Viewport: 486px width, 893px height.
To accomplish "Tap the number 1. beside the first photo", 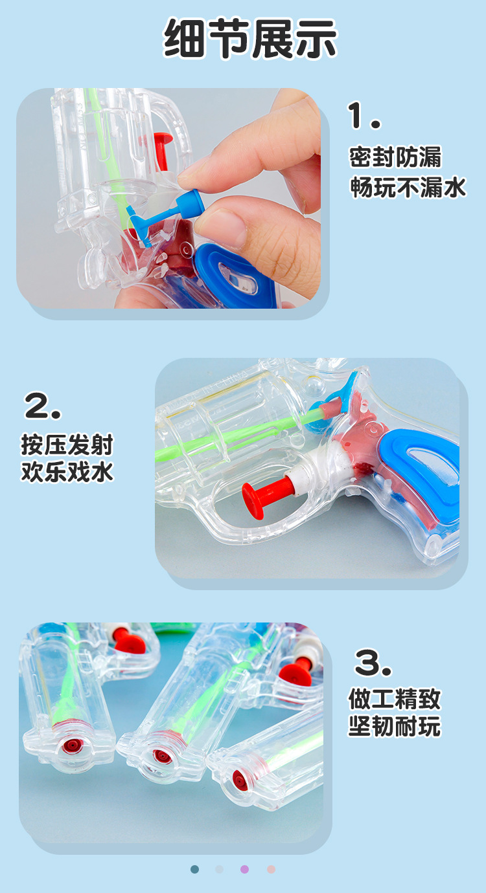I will point(365,116).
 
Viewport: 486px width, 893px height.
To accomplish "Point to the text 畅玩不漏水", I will point(408,187).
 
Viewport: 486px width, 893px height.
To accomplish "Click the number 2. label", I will point(43,406).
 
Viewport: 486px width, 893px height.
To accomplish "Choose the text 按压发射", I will point(67,445).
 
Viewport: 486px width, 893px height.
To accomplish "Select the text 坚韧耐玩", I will point(395,726).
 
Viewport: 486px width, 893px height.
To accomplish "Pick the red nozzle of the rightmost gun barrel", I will point(240,777).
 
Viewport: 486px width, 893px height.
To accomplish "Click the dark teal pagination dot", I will point(195,869).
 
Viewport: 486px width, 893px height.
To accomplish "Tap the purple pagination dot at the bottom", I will point(244,869).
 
